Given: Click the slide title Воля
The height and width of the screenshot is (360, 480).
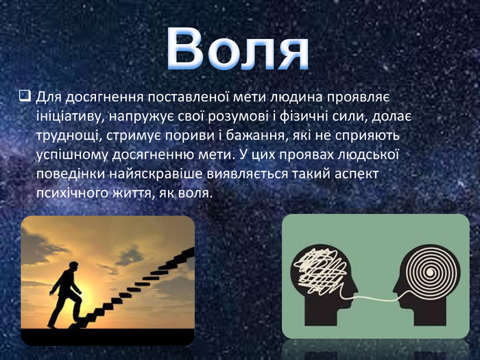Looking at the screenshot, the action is coord(238,49).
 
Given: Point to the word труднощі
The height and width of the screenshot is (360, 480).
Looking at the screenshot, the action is coord(69,136).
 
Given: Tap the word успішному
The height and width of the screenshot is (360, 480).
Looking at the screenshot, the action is coord(72,156).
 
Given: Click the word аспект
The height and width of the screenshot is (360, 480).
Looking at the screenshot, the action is coord(357,174).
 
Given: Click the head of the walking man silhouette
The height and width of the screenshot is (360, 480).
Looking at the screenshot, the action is coord(73,266).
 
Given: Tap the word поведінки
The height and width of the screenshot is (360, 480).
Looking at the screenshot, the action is coord(70,174).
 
